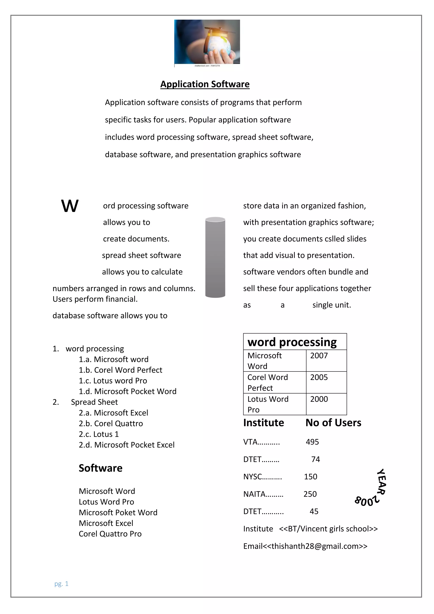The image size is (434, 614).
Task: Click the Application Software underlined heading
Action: pos(205,84)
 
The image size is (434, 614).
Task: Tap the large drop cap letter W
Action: pos(70,206)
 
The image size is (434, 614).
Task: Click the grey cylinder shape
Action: pos(215,257)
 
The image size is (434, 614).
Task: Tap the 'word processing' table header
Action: pos(292,342)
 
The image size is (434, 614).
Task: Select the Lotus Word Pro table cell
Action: pos(268,404)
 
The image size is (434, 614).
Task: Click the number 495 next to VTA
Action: pos(312,442)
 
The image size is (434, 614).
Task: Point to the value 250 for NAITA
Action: pos(310,494)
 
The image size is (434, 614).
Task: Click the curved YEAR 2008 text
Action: pos(373,489)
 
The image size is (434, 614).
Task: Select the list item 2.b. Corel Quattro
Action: pos(111,423)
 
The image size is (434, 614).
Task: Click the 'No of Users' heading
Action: pos(333,423)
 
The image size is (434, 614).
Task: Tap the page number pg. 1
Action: pos(61,583)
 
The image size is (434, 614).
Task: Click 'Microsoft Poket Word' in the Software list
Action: pos(118,512)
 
